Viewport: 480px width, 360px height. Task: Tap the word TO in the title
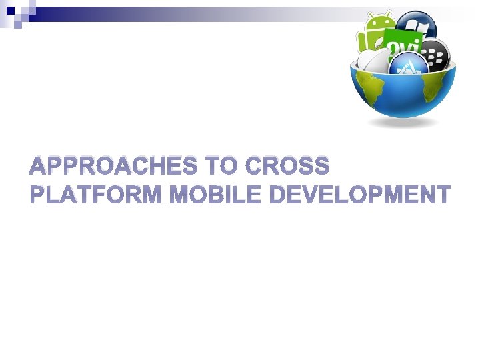tap(220, 166)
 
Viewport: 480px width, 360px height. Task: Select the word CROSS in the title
tap(287, 166)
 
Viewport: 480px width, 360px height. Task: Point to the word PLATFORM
tap(96, 195)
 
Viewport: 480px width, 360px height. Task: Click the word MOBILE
tap(215, 195)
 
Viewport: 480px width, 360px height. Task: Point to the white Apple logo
tap(374, 61)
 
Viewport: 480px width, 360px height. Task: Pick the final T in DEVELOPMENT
tap(441, 195)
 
